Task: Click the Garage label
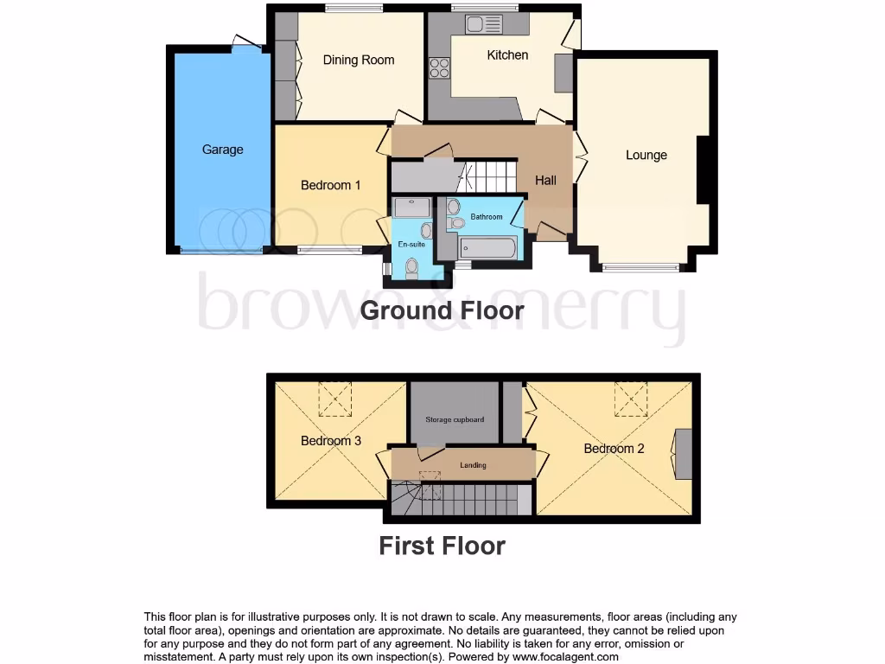(x=222, y=150)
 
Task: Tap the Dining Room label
(x=358, y=60)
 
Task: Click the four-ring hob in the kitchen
(x=439, y=67)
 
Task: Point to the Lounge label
(x=646, y=155)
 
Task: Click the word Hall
(x=545, y=180)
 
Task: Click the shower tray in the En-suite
(x=411, y=207)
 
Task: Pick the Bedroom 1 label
(x=330, y=185)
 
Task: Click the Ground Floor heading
(x=442, y=310)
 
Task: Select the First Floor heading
(x=442, y=546)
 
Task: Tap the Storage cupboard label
(x=455, y=419)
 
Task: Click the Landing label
(x=473, y=465)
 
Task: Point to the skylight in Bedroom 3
(x=335, y=399)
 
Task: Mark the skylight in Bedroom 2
(x=631, y=399)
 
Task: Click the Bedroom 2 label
(x=614, y=448)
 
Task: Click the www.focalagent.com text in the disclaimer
(x=567, y=656)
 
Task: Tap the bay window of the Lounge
(x=641, y=267)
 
